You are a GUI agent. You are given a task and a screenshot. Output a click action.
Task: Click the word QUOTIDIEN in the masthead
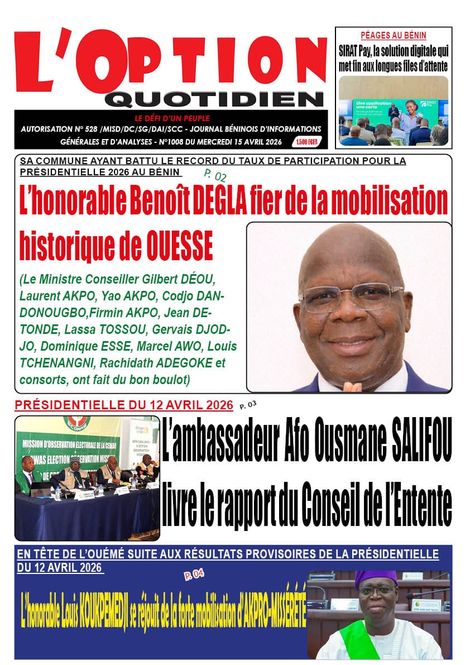click(214, 99)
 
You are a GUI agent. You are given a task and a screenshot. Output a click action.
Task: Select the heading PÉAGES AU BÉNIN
click(393, 35)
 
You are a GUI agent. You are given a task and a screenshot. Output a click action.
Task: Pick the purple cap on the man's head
click(375, 578)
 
